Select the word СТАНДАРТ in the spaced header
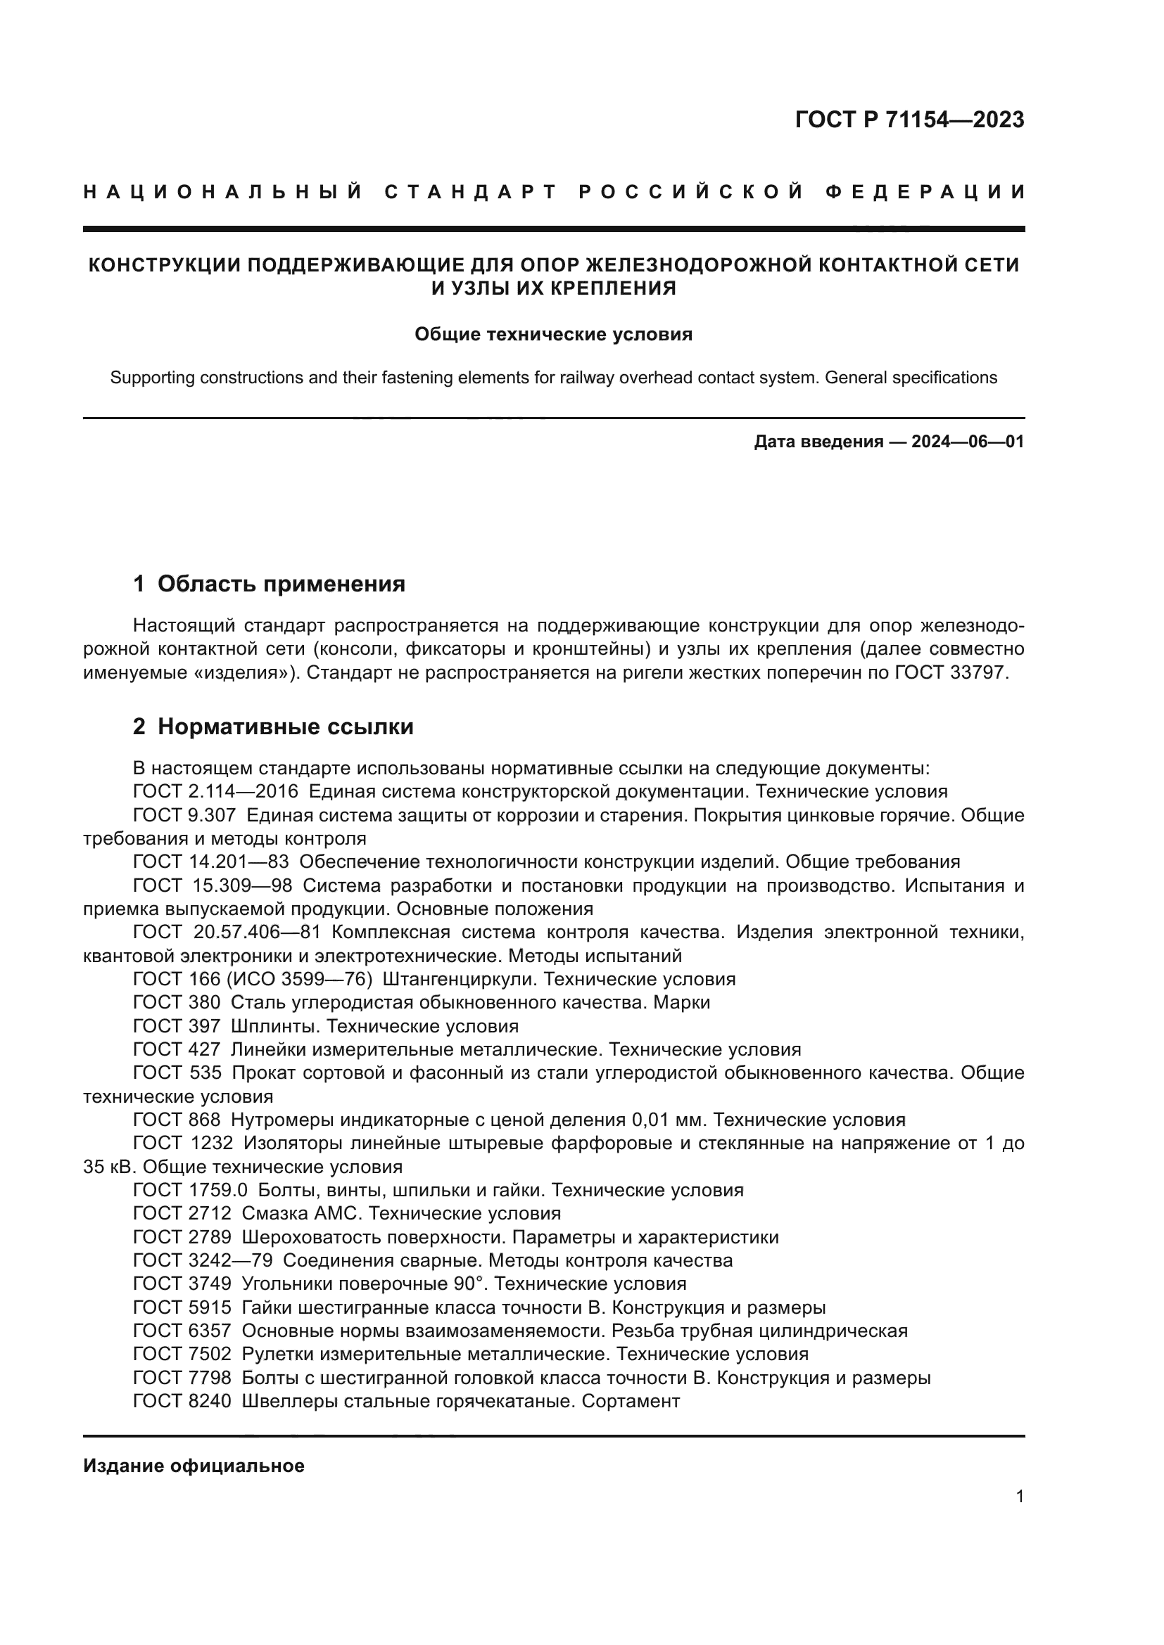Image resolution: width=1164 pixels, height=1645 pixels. [471, 192]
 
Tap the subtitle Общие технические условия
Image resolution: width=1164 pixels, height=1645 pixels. [553, 335]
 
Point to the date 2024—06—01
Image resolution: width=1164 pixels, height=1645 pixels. [968, 442]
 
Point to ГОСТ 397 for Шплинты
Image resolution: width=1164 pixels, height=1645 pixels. [177, 1026]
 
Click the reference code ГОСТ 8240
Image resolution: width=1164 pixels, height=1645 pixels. [182, 1401]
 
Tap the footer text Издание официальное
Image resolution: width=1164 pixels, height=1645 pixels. [194, 1466]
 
